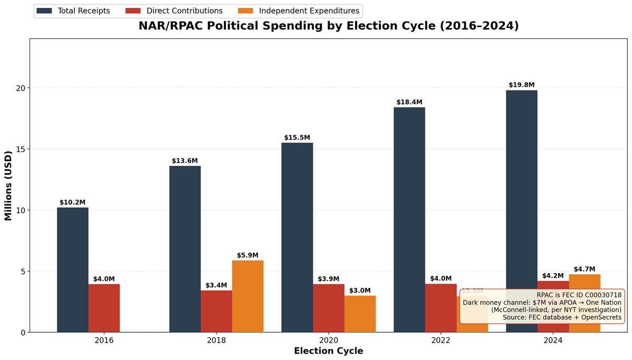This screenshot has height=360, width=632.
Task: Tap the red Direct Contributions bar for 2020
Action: click(329, 308)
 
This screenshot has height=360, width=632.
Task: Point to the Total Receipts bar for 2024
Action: click(521, 211)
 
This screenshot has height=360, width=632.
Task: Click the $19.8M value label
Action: click(521, 85)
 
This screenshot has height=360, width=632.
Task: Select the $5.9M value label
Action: click(248, 255)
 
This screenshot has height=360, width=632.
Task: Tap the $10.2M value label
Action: click(73, 202)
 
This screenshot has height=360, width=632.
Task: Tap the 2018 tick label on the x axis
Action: click(216, 341)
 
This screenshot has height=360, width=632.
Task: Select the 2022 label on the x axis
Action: click(441, 341)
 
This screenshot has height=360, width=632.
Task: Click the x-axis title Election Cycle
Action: click(329, 351)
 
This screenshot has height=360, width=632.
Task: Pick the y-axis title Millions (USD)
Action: click(8, 185)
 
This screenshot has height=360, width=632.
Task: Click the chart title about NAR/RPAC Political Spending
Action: click(329, 26)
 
